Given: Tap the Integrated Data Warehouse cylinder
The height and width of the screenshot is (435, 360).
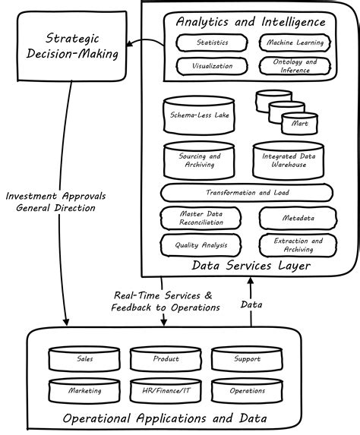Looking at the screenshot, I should click(x=284, y=160).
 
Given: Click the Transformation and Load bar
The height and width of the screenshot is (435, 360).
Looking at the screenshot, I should click(x=248, y=193).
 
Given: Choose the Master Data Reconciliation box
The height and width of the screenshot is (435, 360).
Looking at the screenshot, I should click(x=201, y=219).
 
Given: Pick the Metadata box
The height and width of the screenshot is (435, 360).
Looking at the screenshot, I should click(x=296, y=219).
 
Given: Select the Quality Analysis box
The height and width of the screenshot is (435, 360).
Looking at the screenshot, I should click(x=201, y=244).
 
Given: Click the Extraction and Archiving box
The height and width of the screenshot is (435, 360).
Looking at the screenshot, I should click(x=296, y=244).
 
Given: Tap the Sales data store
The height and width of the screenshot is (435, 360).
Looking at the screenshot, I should click(x=84, y=359).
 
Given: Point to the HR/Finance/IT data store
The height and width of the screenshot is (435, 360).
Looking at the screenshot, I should click(x=165, y=391).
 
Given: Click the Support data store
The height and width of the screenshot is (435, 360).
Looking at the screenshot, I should click(x=247, y=359).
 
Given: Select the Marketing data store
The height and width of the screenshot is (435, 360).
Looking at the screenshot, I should click(x=84, y=391).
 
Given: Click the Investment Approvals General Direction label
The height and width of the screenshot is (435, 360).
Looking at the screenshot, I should click(x=55, y=202).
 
